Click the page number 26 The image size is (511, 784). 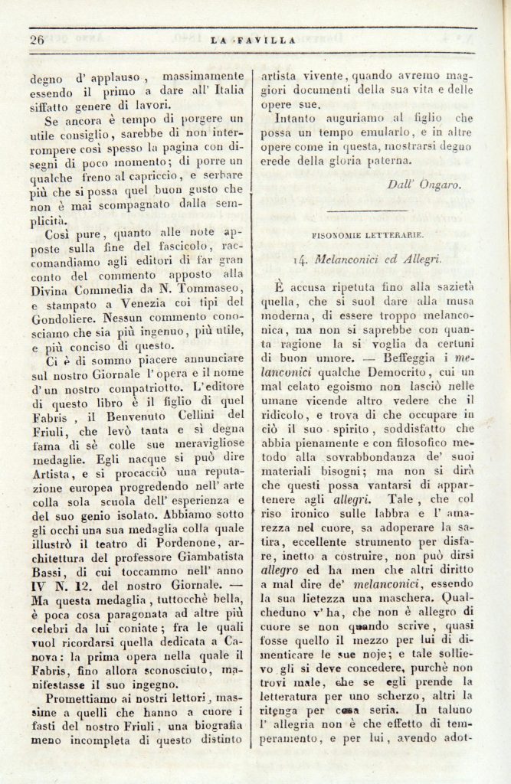tap(37, 40)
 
